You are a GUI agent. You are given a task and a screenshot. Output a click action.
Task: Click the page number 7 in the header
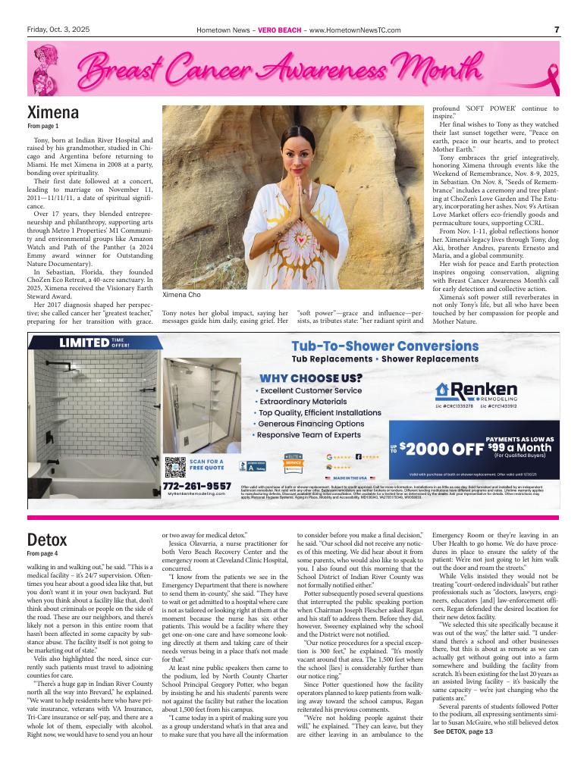[557, 30]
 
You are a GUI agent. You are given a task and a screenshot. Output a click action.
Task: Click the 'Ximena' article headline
[53, 114]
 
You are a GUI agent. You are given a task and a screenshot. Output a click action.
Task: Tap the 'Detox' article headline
[47, 540]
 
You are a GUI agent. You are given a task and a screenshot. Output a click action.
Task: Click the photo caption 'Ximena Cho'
[180, 295]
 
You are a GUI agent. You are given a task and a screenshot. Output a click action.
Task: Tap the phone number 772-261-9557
[196, 485]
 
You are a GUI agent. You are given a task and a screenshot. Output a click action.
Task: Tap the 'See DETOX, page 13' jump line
[463, 753]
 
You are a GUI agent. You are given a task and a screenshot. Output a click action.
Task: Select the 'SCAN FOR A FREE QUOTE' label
[206, 464]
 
